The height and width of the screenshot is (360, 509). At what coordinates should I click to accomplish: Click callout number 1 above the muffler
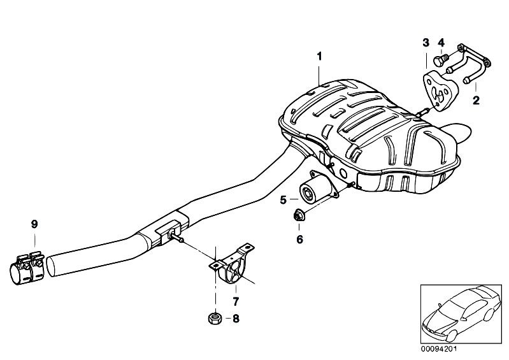(320, 56)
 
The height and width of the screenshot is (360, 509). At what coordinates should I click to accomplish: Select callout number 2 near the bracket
(475, 99)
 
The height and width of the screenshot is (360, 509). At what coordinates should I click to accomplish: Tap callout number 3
(426, 43)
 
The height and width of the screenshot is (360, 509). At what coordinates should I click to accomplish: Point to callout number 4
(441, 43)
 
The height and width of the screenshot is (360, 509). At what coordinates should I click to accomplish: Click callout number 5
(283, 199)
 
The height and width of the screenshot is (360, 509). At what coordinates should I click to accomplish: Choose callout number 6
(299, 240)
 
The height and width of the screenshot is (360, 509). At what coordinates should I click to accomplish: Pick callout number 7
(235, 299)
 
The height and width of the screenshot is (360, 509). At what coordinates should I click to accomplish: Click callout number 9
(34, 224)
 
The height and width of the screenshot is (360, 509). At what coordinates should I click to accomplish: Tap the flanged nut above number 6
(299, 217)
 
